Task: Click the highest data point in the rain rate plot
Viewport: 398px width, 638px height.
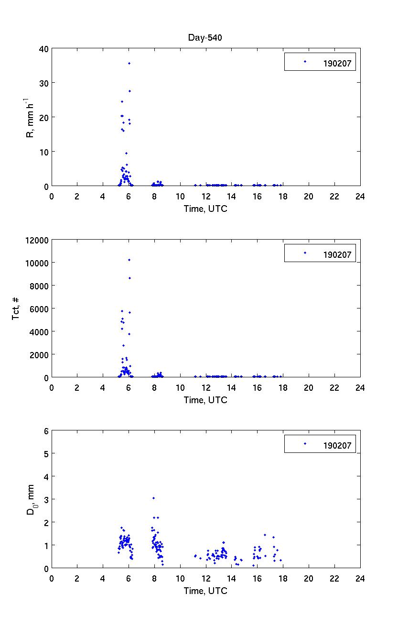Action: (x=129, y=63)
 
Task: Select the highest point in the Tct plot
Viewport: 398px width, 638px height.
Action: (x=129, y=260)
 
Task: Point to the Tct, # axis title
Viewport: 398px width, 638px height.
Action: (x=16, y=308)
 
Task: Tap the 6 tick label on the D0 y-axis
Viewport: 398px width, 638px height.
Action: (x=46, y=431)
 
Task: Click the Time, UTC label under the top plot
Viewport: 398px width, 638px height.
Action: (x=205, y=209)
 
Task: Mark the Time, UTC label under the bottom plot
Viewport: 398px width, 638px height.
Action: (x=205, y=591)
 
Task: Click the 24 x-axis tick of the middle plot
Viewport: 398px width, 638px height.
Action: (x=360, y=387)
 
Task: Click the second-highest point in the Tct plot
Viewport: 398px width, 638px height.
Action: (x=129, y=278)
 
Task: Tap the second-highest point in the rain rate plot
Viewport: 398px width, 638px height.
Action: (x=129, y=91)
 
